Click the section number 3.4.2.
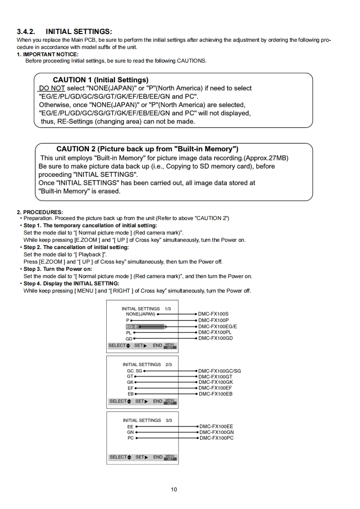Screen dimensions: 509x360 26,31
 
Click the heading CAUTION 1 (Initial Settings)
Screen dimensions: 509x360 100,80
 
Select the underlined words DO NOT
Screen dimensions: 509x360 52,88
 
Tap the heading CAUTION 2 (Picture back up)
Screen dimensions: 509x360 148,149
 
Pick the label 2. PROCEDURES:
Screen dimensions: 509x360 40,212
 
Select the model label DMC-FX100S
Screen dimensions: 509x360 213,314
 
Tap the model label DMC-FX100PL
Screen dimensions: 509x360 215,332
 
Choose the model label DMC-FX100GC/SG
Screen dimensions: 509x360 219,371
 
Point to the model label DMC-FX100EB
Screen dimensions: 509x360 215,394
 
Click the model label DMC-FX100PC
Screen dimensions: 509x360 216,438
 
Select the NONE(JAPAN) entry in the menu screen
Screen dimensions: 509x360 140,314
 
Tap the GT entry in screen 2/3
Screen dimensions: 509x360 130,377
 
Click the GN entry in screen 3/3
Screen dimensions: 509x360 130,432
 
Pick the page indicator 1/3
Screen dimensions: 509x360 168,308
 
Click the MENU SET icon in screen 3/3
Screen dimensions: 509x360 170,457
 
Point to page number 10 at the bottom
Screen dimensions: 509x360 174,489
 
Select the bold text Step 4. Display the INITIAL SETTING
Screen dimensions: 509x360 71,284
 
